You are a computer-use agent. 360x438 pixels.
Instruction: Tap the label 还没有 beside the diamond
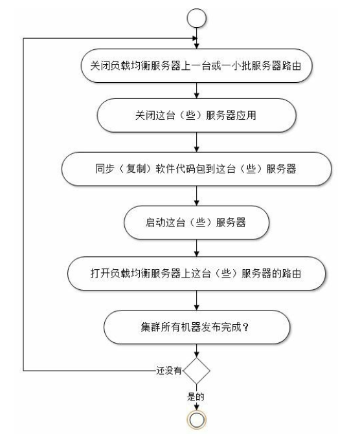pos(169,371)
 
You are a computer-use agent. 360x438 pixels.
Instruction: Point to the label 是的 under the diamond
pos(196,397)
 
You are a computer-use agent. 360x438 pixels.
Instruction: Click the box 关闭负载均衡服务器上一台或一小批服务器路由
pos(196,65)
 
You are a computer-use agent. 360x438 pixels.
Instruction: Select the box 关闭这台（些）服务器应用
pos(196,115)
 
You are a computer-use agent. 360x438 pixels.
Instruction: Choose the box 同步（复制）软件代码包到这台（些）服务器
pos(196,169)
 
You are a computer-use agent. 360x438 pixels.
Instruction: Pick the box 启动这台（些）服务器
pos(196,223)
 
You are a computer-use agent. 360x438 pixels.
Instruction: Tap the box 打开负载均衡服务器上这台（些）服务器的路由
pos(196,273)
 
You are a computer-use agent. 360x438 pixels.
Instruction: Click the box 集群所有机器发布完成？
pos(196,327)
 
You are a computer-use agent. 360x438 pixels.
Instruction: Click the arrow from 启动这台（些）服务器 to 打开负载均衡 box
pos(196,248)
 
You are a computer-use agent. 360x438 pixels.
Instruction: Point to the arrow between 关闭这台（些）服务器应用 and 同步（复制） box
pos(196,142)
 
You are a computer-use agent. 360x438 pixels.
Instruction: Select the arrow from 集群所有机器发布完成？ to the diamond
pos(196,351)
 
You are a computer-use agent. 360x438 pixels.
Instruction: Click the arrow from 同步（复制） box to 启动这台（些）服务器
pos(196,196)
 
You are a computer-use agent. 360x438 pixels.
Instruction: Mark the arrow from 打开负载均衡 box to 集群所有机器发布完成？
pos(196,300)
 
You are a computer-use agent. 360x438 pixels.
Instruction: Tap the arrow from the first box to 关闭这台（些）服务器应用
pos(196,91)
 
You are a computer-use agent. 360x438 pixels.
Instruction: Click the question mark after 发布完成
pos(246,327)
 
